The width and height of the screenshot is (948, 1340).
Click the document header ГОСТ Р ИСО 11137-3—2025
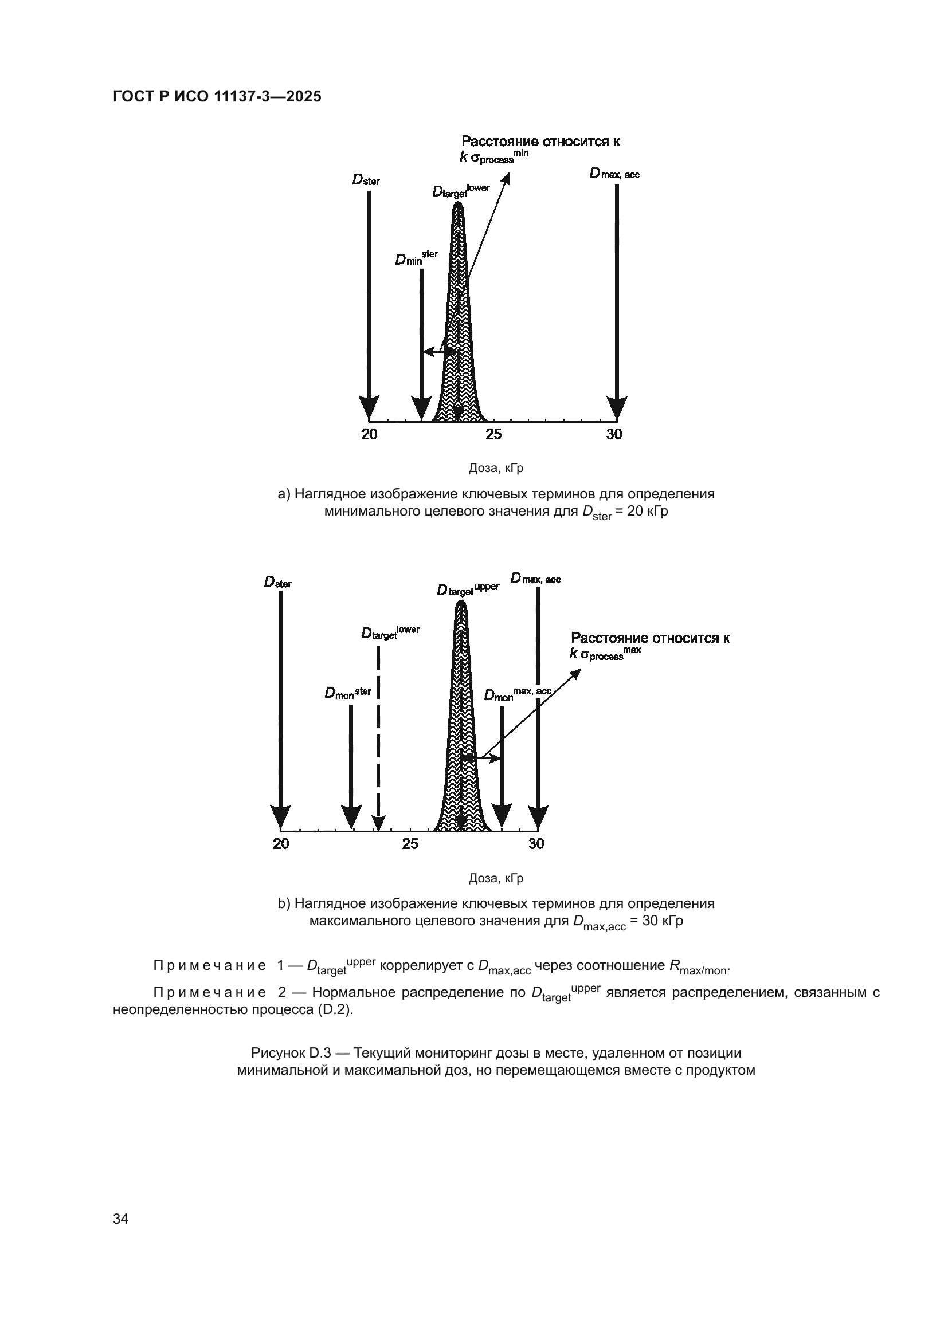pyautogui.click(x=217, y=97)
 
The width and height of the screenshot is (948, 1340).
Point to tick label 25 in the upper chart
pyautogui.click(x=493, y=434)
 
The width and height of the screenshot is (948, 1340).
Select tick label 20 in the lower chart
pyautogui.click(x=281, y=844)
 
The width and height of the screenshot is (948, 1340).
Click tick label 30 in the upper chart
pyautogui.click(x=614, y=434)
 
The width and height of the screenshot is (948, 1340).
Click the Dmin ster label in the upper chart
pyautogui.click(x=416, y=258)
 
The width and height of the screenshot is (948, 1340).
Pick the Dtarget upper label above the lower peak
pyautogui.click(x=468, y=590)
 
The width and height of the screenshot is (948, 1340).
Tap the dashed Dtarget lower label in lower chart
pyautogui.click(x=390, y=633)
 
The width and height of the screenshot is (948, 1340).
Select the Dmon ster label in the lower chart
pyautogui.click(x=347, y=693)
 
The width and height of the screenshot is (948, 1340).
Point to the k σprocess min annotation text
pyautogui.click(x=494, y=157)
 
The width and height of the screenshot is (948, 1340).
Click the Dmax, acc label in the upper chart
pyautogui.click(x=614, y=174)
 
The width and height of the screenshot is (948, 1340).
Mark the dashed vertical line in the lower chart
pyautogui.click(x=379, y=736)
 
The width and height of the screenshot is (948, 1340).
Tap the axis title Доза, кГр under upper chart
pyautogui.click(x=496, y=468)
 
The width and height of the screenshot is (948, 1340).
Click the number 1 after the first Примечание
pyautogui.click(x=281, y=966)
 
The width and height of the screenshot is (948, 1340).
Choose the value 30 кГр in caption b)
pyautogui.click(x=663, y=922)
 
